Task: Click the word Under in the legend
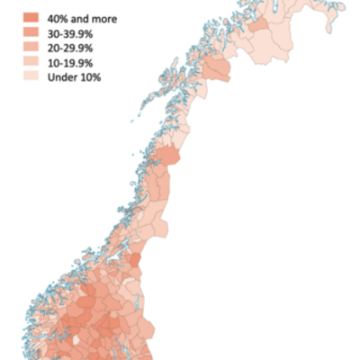click(64, 77)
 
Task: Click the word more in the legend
click(104, 18)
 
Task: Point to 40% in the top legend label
click(60, 18)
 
